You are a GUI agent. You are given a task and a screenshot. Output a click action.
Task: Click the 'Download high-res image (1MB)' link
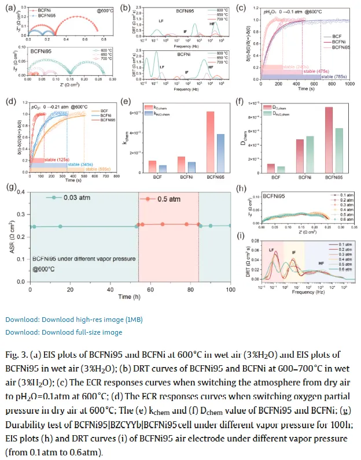pyautogui.click(x=74, y=320)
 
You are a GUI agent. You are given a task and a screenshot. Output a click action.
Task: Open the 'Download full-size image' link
pyautogui.click(x=64, y=332)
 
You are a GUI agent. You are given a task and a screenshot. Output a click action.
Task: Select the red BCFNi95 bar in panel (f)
pyautogui.click(x=313, y=139)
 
